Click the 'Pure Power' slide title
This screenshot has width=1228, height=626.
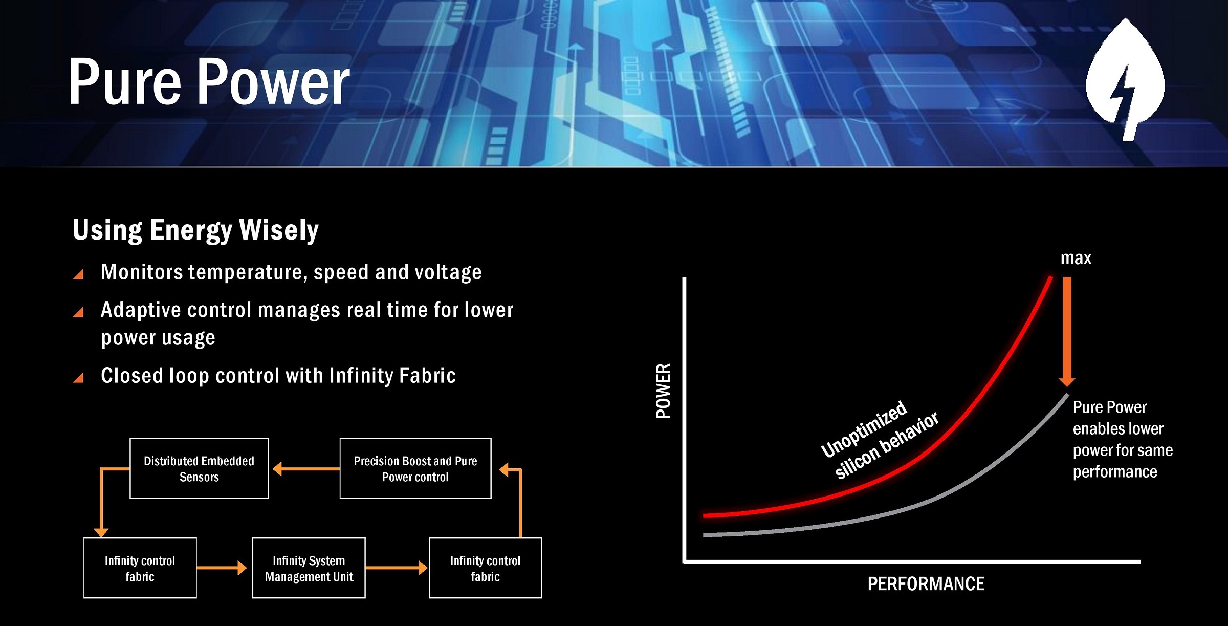click(x=209, y=82)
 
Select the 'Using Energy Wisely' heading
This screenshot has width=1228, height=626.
click(x=195, y=230)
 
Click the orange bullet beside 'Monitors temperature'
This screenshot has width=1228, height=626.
click(x=78, y=275)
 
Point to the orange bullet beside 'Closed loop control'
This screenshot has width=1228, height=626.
click(x=78, y=378)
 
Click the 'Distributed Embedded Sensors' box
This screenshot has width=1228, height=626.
click(x=199, y=468)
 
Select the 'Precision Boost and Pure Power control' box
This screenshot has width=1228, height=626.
click(x=415, y=468)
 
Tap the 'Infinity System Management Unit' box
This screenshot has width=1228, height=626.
click(x=309, y=568)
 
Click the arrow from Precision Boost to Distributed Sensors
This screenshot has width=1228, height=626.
click(x=306, y=468)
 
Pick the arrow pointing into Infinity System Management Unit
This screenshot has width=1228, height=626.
click(x=222, y=568)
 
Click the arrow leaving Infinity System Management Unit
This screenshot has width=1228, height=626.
click(x=397, y=568)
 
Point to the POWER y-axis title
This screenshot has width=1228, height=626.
click(x=664, y=391)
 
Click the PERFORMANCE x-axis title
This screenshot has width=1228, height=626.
click(x=926, y=584)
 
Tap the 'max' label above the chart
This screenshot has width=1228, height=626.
click(x=1076, y=258)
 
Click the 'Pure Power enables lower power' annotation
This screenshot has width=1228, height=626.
click(x=1123, y=439)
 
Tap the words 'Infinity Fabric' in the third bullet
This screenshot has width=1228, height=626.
click(x=393, y=376)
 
